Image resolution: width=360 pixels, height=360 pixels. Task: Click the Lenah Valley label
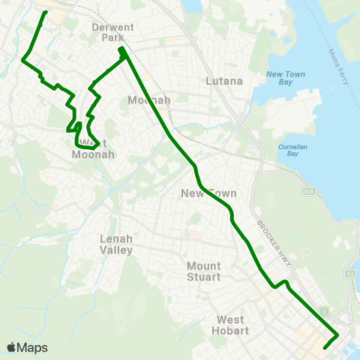click(116, 244)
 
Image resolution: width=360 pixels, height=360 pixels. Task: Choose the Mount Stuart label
click(204, 271)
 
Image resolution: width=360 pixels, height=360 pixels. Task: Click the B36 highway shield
click(308, 193)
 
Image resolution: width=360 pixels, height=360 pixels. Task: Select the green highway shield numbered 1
click(323, 310)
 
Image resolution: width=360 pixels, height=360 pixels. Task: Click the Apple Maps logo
click(27, 347)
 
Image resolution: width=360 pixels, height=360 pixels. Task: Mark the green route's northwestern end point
click(46, 13)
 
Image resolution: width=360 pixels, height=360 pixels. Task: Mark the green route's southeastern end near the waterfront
click(325, 347)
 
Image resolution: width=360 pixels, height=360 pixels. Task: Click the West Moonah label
click(92, 149)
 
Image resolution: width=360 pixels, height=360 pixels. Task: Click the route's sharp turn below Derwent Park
click(121, 50)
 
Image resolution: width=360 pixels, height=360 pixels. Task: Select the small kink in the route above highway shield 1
click(283, 283)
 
